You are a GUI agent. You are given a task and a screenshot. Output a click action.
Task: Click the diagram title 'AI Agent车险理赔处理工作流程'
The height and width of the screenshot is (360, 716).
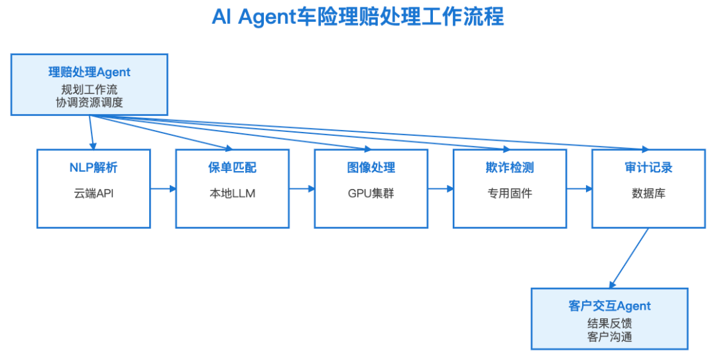tap(358, 17)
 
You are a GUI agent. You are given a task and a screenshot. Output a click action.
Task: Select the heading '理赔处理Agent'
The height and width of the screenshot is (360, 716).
tap(89, 72)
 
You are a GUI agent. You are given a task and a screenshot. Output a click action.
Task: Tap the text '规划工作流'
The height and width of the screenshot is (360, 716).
tap(89, 89)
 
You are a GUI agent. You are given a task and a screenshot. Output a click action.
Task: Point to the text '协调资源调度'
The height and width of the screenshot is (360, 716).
tap(89, 102)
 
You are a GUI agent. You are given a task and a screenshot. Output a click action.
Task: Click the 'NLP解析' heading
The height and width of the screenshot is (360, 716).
tap(93, 168)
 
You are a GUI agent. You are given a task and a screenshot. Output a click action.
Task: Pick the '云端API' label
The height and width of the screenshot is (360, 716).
tap(93, 194)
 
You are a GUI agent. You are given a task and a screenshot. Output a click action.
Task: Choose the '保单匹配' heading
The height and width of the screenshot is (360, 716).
tap(232, 168)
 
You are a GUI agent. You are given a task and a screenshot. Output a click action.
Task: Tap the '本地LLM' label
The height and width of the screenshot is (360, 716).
tap(232, 194)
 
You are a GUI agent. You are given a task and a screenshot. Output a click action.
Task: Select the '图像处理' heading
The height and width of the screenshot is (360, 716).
tap(371, 168)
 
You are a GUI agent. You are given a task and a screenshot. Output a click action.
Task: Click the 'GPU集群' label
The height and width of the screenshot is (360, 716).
tap(371, 194)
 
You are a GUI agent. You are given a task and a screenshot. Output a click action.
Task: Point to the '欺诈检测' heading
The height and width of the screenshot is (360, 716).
tap(510, 168)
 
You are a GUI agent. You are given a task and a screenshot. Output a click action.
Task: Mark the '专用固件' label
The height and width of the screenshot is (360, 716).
tap(510, 194)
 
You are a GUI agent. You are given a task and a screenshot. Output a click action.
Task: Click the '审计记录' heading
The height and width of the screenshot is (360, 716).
tap(648, 168)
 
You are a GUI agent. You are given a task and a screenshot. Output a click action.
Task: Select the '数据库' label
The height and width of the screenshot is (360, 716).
tap(648, 194)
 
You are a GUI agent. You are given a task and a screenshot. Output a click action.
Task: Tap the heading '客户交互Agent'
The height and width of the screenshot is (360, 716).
tap(609, 306)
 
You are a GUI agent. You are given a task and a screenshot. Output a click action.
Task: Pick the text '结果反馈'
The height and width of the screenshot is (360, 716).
tap(609, 324)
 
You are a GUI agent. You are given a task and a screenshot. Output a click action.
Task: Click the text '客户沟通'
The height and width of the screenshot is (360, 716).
tap(609, 337)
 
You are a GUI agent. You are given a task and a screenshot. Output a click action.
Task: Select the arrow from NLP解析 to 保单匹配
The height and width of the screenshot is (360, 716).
tap(163, 189)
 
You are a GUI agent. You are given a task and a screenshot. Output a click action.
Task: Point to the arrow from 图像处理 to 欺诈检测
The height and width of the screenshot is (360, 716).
tap(441, 189)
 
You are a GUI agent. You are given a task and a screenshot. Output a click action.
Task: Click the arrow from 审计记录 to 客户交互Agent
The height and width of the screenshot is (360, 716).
tap(628, 258)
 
